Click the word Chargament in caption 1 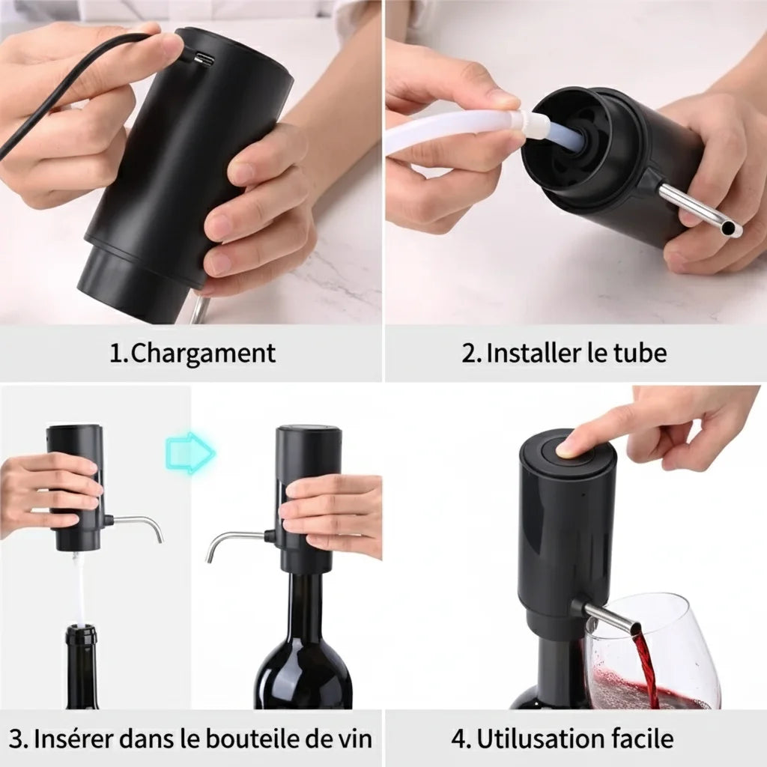click(x=203, y=354)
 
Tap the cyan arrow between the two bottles click(x=190, y=452)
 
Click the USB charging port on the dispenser click(x=202, y=60)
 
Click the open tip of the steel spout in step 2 click(x=729, y=227)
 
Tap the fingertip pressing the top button click(x=567, y=447)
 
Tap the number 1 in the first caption click(x=115, y=354)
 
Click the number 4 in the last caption click(x=460, y=739)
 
